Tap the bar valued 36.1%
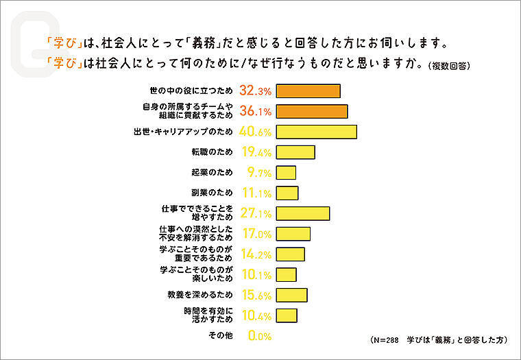313,112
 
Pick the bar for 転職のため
296,152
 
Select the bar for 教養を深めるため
292,295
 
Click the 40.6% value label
256,132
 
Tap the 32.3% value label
256,91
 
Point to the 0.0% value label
260,336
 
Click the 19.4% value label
256,152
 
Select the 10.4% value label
256,315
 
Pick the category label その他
220,336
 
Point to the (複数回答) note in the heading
450,67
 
